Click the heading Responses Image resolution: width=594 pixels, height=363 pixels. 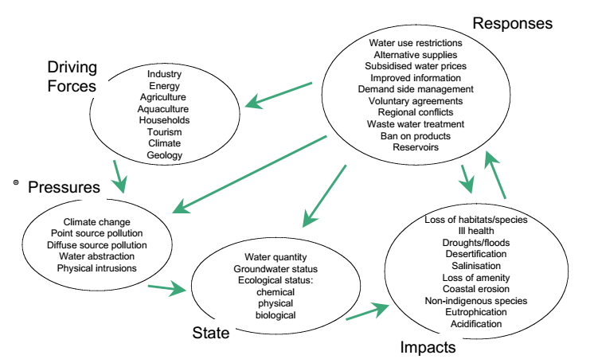click(x=512, y=23)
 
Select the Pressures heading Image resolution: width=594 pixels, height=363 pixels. click(x=64, y=188)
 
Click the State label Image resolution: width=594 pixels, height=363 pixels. click(x=211, y=332)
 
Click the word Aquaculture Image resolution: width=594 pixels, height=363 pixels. click(x=164, y=108)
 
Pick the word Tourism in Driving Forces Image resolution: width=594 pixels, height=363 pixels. click(x=164, y=131)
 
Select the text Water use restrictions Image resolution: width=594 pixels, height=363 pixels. click(x=416, y=42)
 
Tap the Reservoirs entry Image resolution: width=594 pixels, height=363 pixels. click(x=416, y=147)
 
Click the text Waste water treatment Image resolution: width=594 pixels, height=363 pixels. click(x=416, y=124)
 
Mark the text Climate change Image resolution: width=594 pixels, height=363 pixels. click(x=96, y=221)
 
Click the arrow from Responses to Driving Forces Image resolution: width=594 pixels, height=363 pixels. click(x=278, y=94)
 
